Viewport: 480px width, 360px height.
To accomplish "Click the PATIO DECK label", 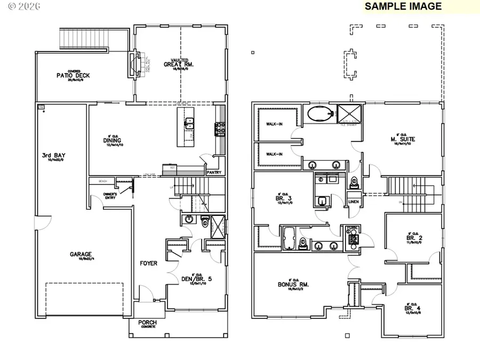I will click(x=73, y=76).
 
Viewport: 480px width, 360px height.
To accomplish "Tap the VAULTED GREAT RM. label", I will click(x=179, y=64).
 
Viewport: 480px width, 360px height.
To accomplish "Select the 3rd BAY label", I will click(x=53, y=156).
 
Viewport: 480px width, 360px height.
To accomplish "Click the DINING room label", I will click(x=114, y=141).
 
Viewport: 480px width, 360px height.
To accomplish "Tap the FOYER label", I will click(x=148, y=263).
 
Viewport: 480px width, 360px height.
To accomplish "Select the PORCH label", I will click(x=147, y=322).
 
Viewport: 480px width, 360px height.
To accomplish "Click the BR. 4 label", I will click(x=410, y=308).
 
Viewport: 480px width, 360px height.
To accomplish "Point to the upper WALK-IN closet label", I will click(x=274, y=124).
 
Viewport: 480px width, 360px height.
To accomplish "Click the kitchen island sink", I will click(x=189, y=124).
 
